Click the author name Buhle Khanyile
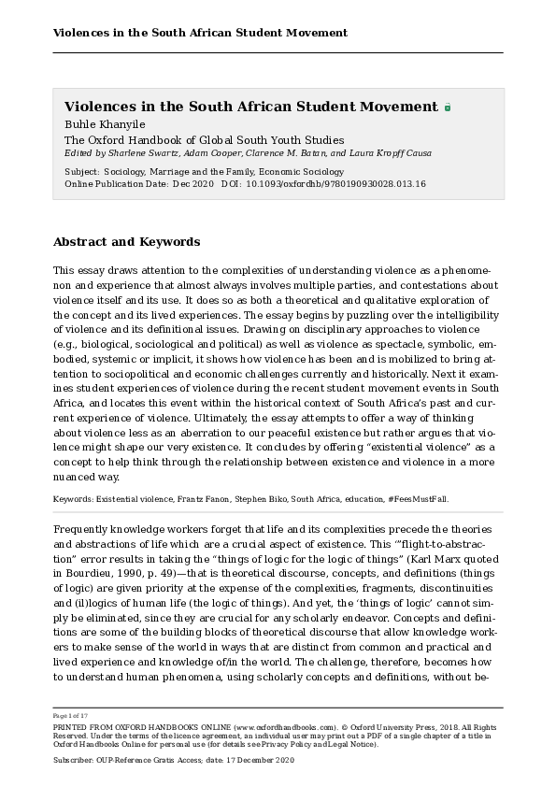(100, 123)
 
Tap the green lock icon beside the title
(448, 107)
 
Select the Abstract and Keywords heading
(126, 242)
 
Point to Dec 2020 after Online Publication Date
(193, 184)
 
